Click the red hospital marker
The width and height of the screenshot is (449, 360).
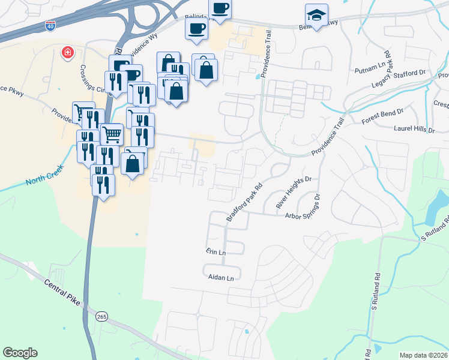[x=68, y=53]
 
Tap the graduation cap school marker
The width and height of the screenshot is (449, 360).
[x=316, y=14]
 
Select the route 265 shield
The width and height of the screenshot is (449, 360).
[x=101, y=316]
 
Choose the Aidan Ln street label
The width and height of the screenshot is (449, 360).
[x=220, y=278]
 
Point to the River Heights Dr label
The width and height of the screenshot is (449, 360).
[x=294, y=191]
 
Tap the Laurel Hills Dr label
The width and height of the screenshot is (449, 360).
[x=414, y=128]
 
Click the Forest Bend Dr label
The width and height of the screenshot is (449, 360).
[x=382, y=115]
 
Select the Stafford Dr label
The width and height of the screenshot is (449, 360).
[x=426, y=71]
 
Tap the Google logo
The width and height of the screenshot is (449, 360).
[x=20, y=353]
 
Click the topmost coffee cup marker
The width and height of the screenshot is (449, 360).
[x=219, y=9]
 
